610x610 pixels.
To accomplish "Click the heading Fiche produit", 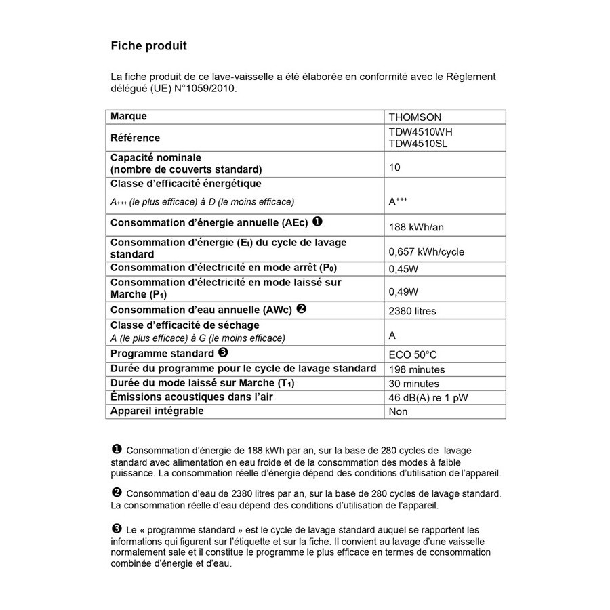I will click(x=148, y=47).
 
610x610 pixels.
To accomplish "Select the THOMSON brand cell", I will click(x=415, y=117).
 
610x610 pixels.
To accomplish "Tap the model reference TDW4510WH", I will click(x=419, y=132).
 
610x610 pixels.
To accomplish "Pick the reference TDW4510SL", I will click(x=418, y=144).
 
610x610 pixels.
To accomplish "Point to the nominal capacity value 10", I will click(x=394, y=167).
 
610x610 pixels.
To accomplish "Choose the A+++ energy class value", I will click(x=398, y=201).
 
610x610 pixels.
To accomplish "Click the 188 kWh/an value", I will click(x=416, y=227).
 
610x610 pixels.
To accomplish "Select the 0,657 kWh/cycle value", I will click(x=426, y=251).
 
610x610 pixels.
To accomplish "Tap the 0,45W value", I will click(x=403, y=268).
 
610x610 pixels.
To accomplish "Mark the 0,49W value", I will click(x=403, y=292).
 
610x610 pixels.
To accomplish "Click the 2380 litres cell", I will click(x=412, y=311).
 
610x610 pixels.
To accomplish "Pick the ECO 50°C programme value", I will click(x=413, y=354).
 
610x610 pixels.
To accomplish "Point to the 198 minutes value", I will click(x=417, y=369).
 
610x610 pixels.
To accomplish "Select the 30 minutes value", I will click(x=414, y=384).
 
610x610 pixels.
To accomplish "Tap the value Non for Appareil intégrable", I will click(x=398, y=411).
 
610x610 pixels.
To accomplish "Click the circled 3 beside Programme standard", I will click(x=223, y=353).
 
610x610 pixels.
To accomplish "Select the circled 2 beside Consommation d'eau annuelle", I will click(x=302, y=309).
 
